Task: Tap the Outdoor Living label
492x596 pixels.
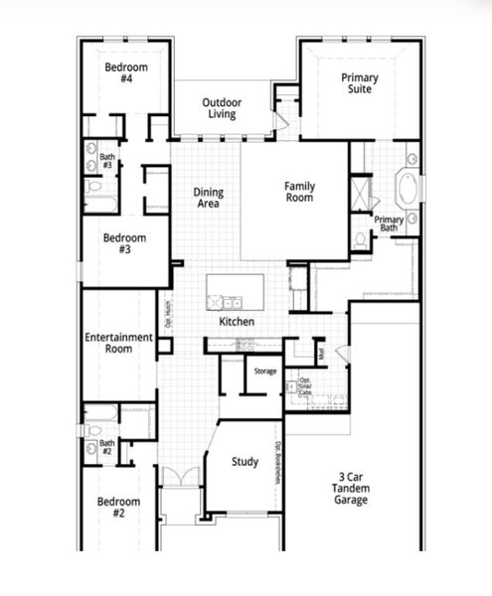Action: tap(222, 107)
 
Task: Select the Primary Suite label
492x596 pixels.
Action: tap(359, 84)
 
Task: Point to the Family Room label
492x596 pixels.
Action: tap(299, 192)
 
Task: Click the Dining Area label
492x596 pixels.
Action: tap(208, 198)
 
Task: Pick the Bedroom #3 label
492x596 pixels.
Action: tap(124, 243)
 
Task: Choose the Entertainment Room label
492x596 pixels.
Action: tap(119, 343)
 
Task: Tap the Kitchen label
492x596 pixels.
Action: tap(237, 322)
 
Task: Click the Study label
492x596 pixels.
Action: tap(245, 462)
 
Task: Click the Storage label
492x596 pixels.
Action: tap(265, 371)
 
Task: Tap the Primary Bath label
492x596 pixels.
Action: tap(388, 223)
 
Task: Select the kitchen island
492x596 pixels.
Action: tap(236, 292)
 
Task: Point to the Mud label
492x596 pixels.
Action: tap(321, 351)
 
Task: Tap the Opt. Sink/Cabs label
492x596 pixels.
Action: tap(305, 385)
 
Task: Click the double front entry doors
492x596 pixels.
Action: tap(180, 478)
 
